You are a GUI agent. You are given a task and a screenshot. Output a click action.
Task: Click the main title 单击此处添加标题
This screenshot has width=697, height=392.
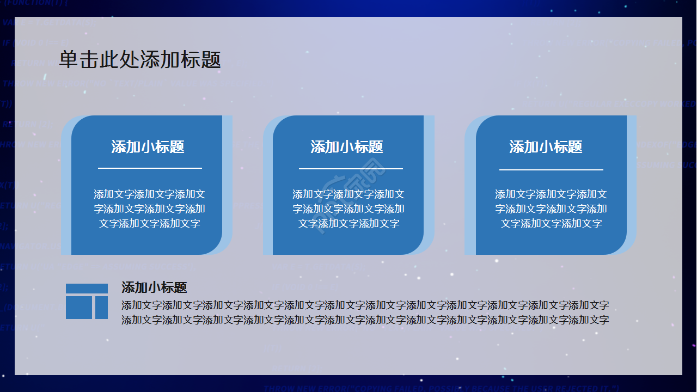(x=140, y=60)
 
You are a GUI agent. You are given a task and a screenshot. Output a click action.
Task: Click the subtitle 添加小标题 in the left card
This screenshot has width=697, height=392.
(x=148, y=146)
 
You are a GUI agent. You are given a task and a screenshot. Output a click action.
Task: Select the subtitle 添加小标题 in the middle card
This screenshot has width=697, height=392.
(x=347, y=146)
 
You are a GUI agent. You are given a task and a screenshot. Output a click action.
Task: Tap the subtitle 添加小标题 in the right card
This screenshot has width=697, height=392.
(x=546, y=146)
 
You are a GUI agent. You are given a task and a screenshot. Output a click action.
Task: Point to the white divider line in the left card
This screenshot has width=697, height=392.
(x=150, y=168)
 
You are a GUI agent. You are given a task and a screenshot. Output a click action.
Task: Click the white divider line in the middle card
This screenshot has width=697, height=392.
(x=351, y=169)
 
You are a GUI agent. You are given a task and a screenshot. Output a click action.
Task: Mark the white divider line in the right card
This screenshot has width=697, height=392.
(x=551, y=170)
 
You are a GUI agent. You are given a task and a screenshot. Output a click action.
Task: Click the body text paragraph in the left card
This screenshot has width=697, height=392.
(x=149, y=209)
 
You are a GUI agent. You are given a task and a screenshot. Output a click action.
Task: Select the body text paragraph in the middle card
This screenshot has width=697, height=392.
(x=348, y=209)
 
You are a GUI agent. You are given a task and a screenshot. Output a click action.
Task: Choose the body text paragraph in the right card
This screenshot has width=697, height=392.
(x=551, y=209)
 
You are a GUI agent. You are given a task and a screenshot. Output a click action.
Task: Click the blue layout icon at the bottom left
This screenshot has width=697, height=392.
(x=87, y=301)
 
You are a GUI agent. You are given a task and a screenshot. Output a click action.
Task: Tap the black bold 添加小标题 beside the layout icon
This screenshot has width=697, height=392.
(x=154, y=287)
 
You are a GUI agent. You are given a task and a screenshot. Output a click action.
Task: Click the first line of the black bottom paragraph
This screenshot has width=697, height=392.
(x=365, y=305)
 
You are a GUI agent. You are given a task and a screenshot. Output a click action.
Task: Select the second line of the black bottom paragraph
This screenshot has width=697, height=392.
(x=365, y=320)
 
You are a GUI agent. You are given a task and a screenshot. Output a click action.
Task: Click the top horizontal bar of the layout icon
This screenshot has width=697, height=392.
(x=87, y=289)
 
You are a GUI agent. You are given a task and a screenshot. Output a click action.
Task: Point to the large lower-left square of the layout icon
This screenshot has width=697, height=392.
(x=79, y=308)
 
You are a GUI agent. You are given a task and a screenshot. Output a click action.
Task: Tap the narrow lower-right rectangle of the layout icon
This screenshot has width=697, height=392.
(x=101, y=308)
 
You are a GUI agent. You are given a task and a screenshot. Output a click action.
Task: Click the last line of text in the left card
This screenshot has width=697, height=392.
(x=149, y=223)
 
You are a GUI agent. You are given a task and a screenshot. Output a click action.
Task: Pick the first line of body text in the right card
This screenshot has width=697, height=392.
(x=551, y=194)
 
